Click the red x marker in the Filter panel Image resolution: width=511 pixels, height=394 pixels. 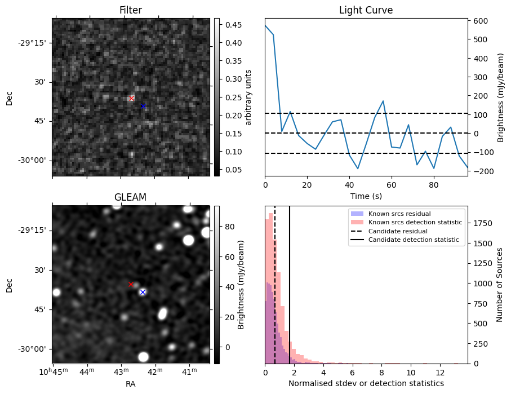pos(132,99)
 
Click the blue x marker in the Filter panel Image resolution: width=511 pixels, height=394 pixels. pos(143,106)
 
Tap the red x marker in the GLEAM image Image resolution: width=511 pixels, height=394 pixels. pos(131,285)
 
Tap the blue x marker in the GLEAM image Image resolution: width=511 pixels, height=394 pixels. pos(143,292)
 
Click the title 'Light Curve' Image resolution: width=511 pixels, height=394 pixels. pos(366,10)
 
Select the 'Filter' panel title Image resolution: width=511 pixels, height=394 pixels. pos(131,10)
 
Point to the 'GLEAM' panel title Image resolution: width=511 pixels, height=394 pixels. pos(131,197)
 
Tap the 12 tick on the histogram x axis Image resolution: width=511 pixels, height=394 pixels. pos(440,372)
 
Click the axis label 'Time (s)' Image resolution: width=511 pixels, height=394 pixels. pos(366,196)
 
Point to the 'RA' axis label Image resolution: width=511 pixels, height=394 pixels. pos(131,384)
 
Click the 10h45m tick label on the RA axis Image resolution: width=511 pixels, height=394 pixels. pos(52,371)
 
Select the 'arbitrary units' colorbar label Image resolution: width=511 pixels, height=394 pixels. pos(248,97)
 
